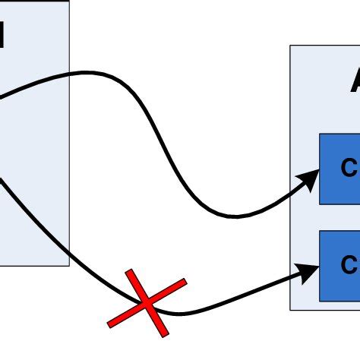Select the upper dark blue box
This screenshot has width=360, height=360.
click(339, 169)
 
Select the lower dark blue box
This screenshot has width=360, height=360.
click(339, 265)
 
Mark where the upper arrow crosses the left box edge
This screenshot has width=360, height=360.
click(69, 74)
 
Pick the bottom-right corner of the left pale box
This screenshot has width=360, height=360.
click(69, 266)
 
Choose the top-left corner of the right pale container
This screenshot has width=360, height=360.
click(290, 46)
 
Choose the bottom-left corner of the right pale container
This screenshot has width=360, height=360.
click(290, 309)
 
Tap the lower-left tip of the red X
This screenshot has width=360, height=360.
click(109, 325)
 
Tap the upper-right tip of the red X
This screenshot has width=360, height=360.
click(185, 281)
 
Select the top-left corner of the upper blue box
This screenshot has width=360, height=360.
click(320, 134)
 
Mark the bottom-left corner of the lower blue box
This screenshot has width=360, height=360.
click(320, 301)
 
